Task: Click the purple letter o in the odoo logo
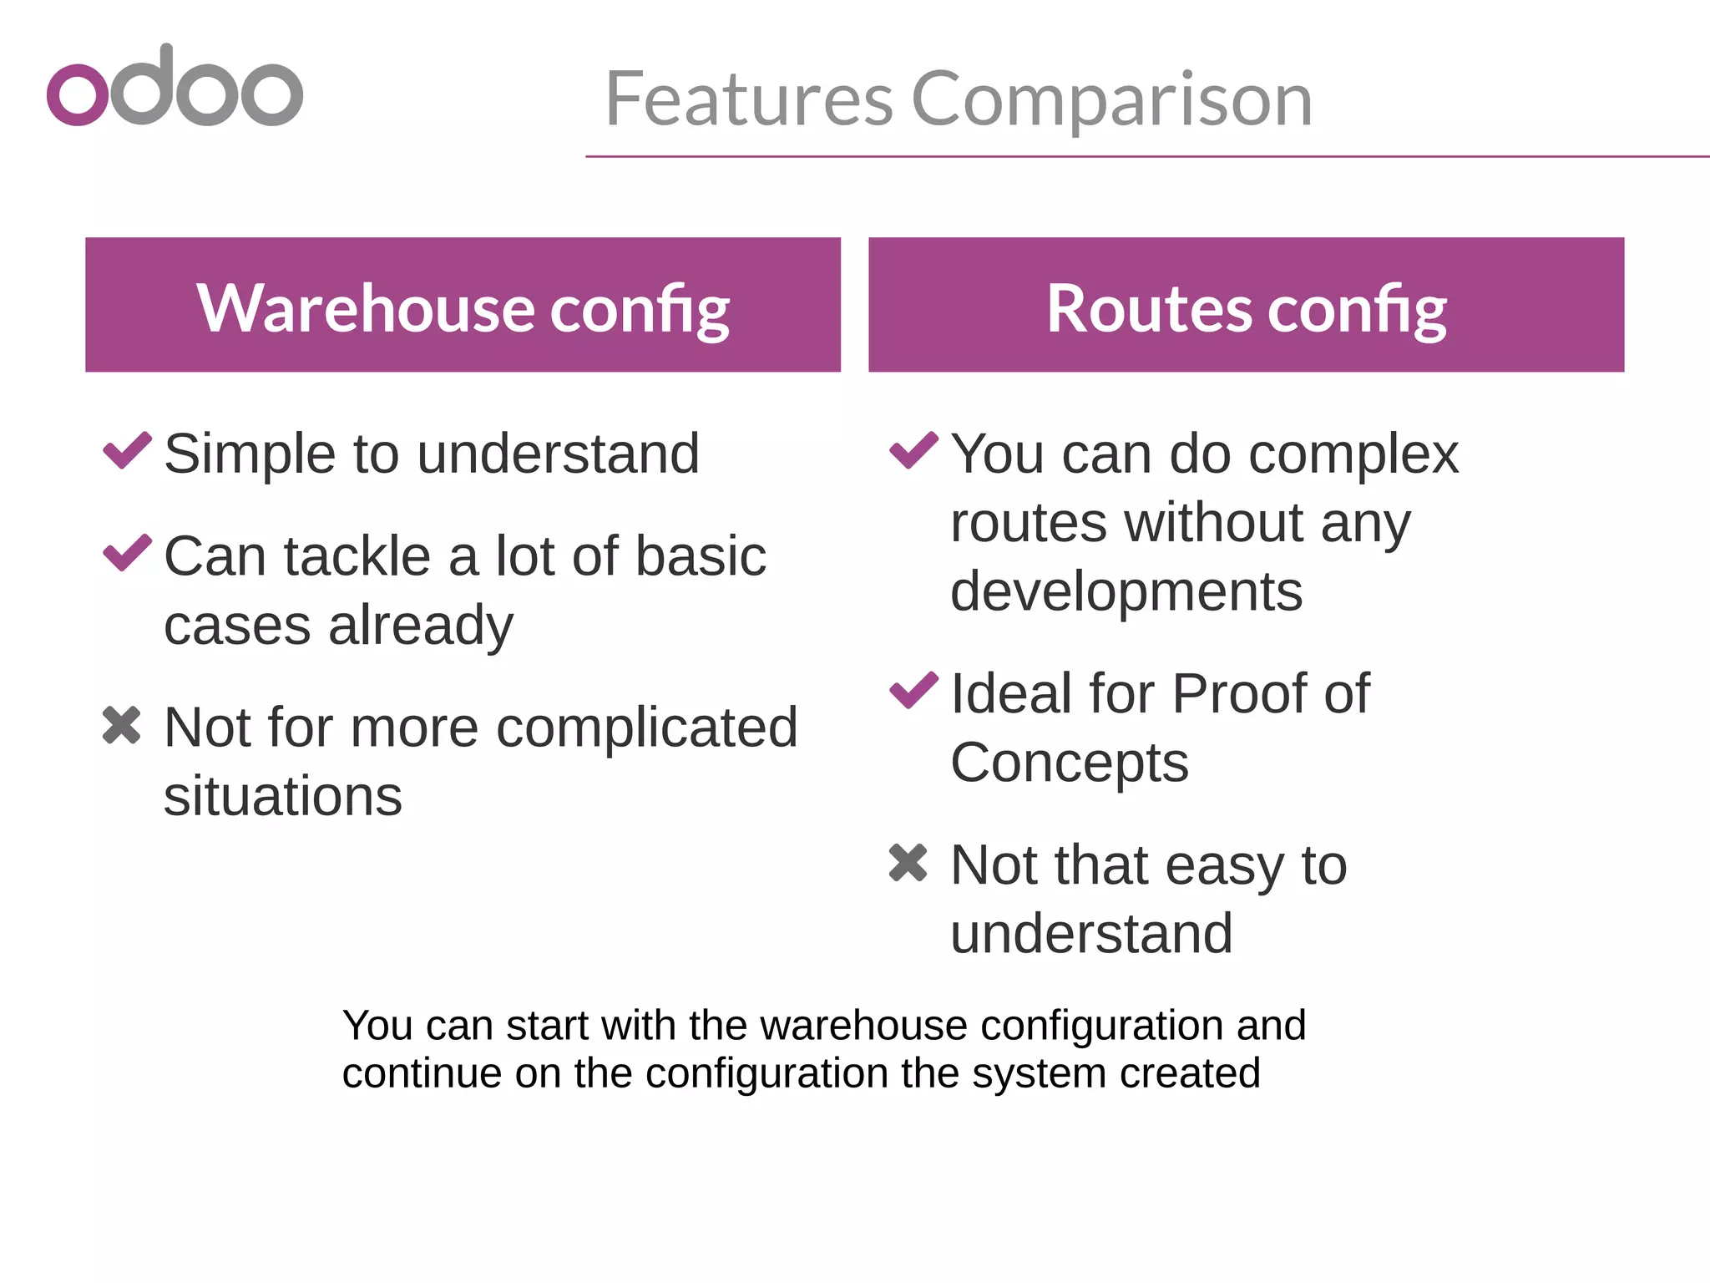[x=78, y=95]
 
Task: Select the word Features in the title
[x=749, y=99]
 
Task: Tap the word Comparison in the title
[x=1111, y=99]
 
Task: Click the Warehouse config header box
[x=463, y=305]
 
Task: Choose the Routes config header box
[x=1246, y=305]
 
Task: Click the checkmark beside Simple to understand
[x=127, y=450]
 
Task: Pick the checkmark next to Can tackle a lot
[x=127, y=552]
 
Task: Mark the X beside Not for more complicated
[x=122, y=724]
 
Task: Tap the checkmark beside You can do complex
[x=913, y=450]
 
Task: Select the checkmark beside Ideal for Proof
[x=913, y=690]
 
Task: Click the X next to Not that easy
[x=908, y=862]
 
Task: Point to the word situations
[x=283, y=796]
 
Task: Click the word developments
[x=1126, y=591]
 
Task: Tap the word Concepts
[x=1070, y=763]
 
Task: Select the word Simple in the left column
[x=247, y=454]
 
